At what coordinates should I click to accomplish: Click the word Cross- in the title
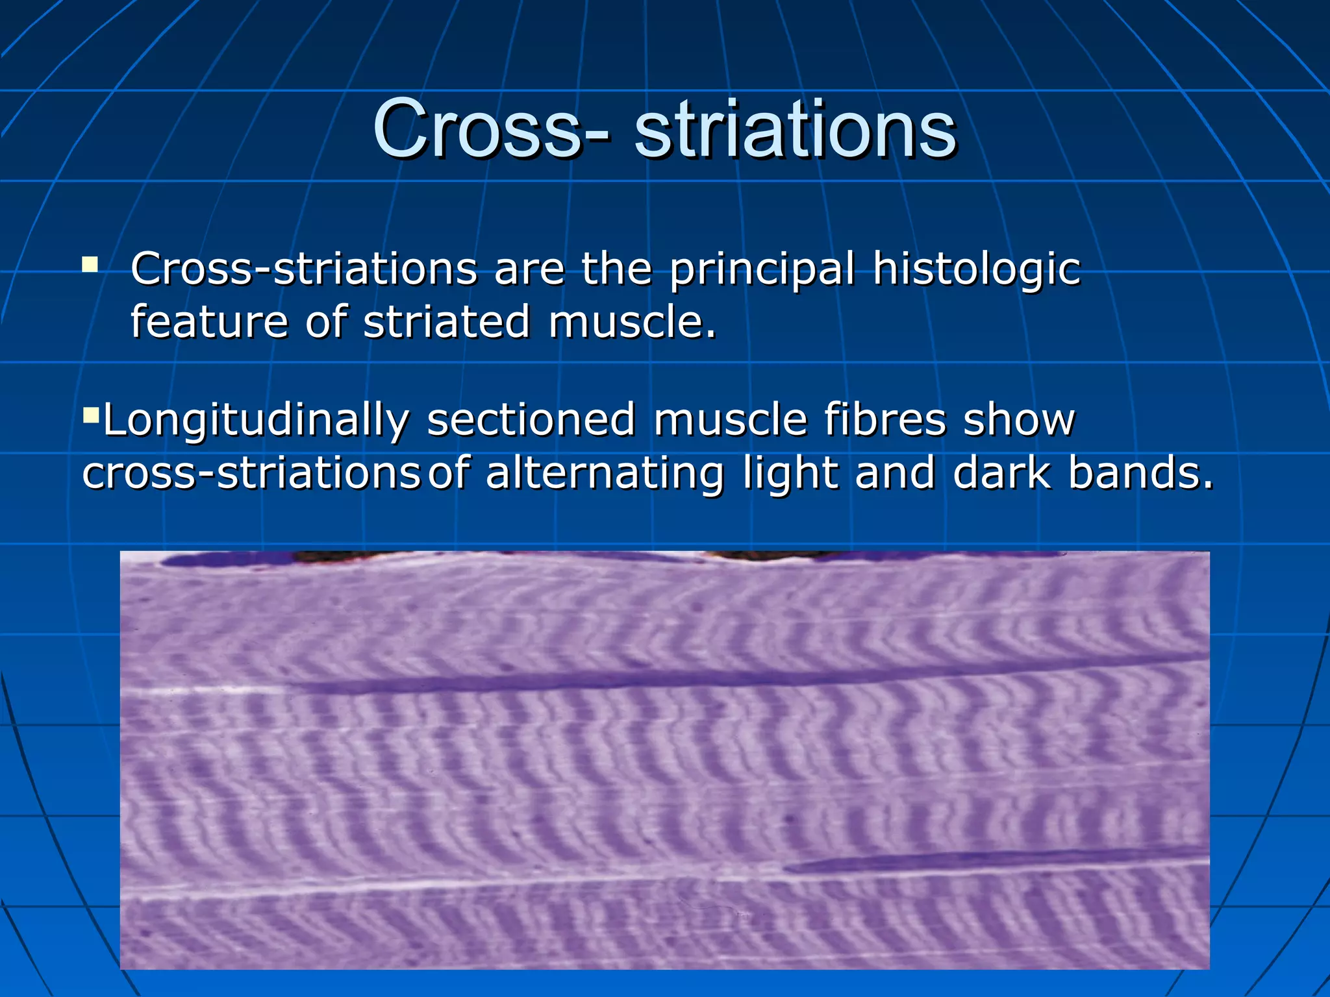tap(491, 130)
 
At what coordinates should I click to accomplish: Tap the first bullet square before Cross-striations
tap(90, 264)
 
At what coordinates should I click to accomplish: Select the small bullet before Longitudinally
tap(90, 413)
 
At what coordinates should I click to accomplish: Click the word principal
tap(761, 269)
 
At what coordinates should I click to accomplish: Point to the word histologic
tap(976, 269)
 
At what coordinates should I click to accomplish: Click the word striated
tap(446, 322)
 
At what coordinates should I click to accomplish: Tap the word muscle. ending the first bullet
tap(632, 322)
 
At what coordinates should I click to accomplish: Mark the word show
tap(1018, 419)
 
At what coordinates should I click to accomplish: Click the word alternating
tap(604, 474)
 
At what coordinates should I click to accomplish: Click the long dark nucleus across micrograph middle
tap(649, 679)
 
